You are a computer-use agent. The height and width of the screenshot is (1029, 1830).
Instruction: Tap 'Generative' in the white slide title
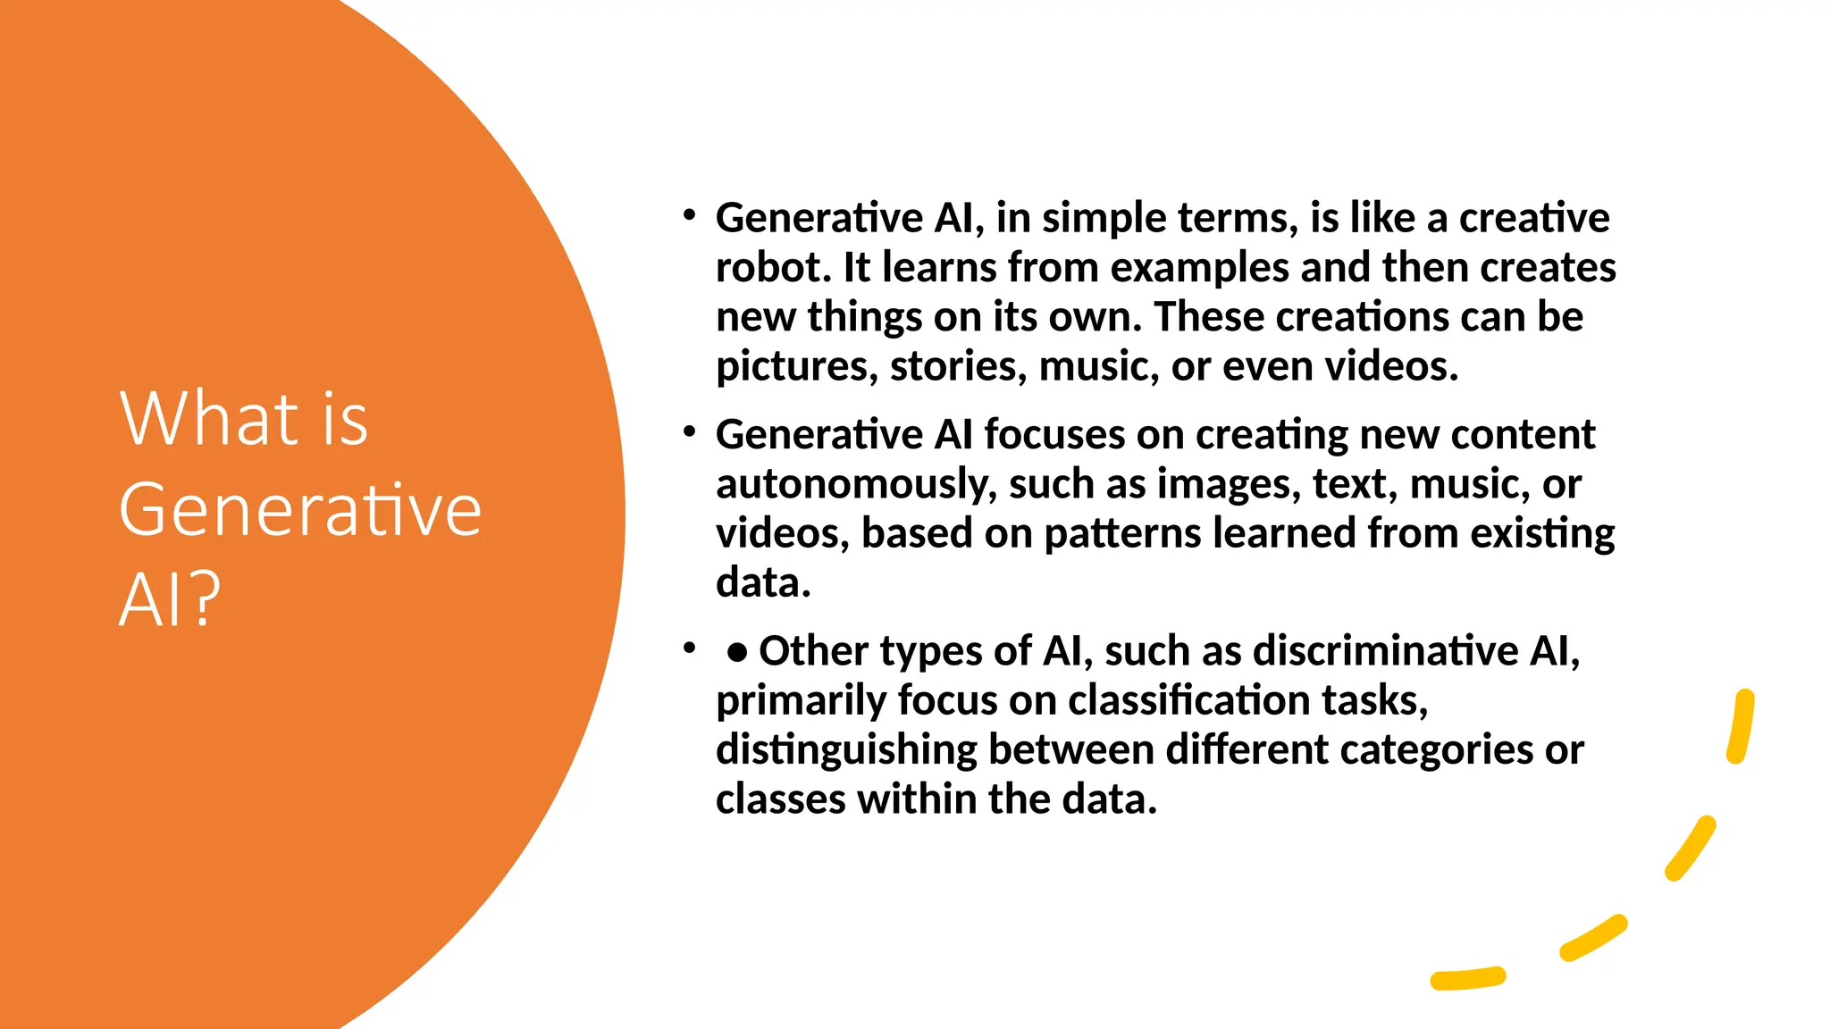click(300, 509)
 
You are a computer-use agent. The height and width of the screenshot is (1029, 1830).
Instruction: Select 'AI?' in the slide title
click(169, 599)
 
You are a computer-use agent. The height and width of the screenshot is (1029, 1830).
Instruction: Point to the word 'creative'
click(1534, 218)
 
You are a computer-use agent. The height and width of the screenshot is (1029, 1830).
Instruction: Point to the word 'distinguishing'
click(846, 750)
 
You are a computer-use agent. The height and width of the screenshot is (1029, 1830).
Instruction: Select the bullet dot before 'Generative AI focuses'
click(689, 432)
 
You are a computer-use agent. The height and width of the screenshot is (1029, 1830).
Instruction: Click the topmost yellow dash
click(1742, 726)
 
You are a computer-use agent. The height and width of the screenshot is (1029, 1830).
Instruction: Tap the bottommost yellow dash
click(1468, 979)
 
